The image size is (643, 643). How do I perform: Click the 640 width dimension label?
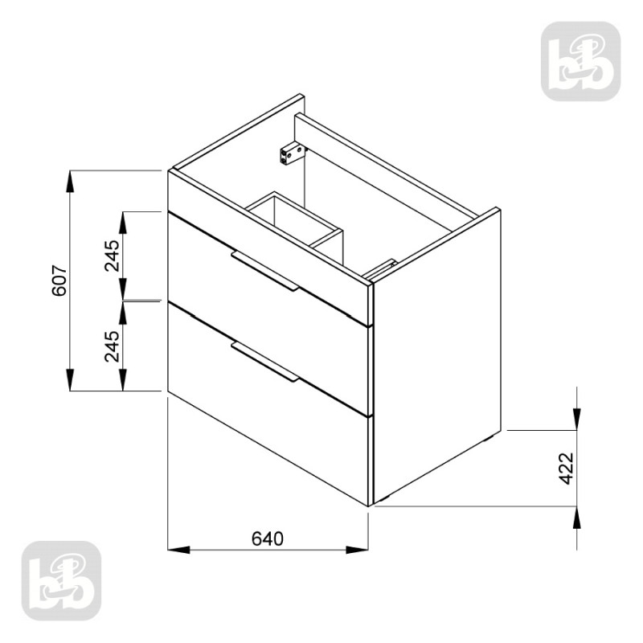268,537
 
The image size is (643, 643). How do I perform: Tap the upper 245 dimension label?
112,256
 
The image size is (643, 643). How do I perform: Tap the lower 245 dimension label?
112,346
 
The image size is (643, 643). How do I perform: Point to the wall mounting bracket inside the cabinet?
291,152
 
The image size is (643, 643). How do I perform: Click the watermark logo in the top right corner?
580,61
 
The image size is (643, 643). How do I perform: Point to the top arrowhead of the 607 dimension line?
71,180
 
